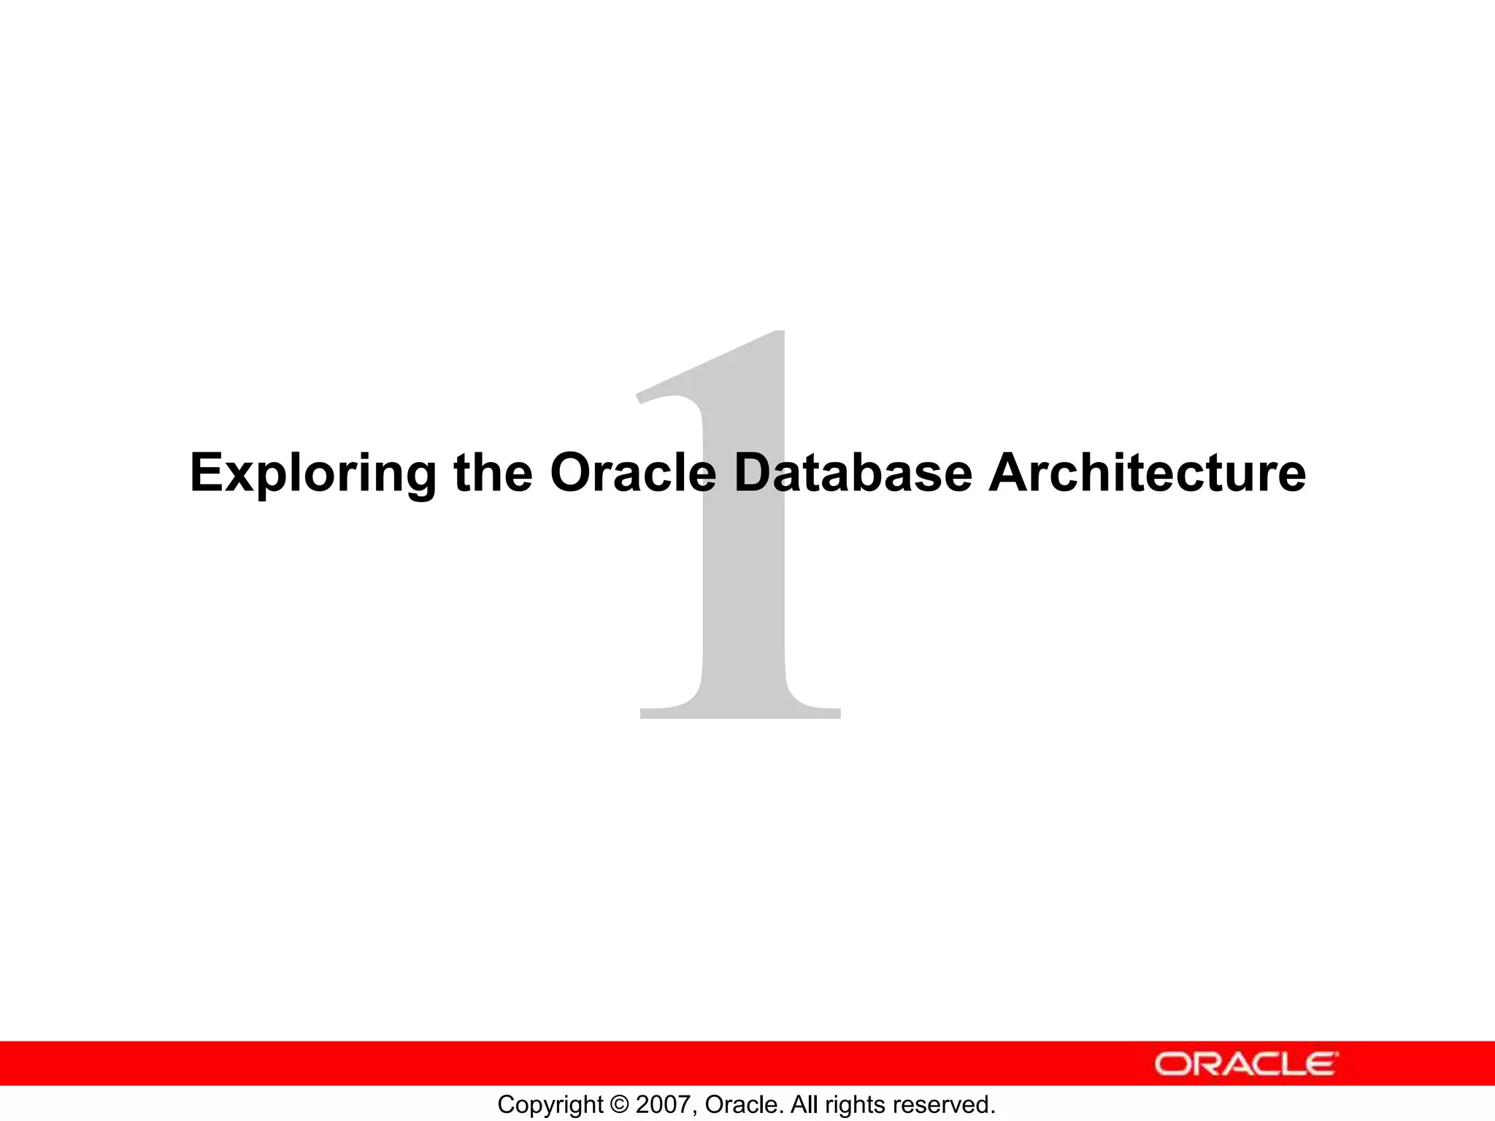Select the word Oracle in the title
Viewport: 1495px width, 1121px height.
(x=632, y=473)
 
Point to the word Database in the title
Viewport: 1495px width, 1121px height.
(x=853, y=473)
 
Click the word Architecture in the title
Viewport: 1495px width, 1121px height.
(x=1146, y=473)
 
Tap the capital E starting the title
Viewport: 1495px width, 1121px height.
(x=206, y=473)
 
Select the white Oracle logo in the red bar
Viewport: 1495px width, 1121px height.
(x=1245, y=1064)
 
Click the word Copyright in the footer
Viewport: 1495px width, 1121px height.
(x=550, y=1105)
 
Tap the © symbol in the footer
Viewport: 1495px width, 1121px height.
(x=619, y=1105)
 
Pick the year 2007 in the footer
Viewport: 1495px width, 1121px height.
(x=661, y=1105)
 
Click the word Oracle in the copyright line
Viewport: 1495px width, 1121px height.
(x=742, y=1105)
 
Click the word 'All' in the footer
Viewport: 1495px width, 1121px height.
(x=805, y=1105)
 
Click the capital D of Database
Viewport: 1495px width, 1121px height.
(x=756, y=473)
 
